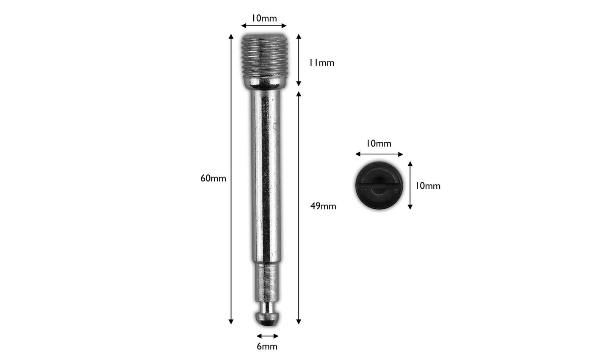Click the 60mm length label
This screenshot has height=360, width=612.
coord(213,178)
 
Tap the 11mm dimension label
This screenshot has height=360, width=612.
coord(321,63)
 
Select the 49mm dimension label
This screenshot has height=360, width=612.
coord(323,206)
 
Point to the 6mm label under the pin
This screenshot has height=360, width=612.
coord(267,346)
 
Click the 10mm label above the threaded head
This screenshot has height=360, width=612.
coord(264,18)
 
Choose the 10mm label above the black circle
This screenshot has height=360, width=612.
coord(379,144)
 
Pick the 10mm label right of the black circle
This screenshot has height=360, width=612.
coord(428,186)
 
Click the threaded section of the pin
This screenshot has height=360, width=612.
coord(264,56)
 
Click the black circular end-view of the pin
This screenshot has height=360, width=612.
coord(379,186)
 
